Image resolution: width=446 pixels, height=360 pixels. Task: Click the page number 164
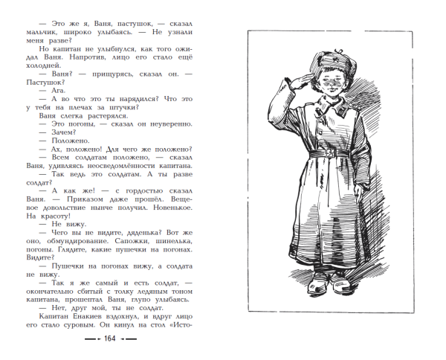(109, 339)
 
